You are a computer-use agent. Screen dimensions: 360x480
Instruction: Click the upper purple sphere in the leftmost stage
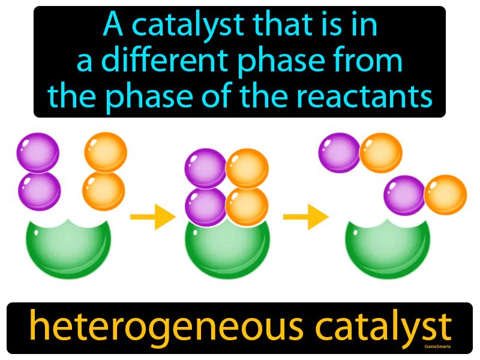click(x=38, y=152)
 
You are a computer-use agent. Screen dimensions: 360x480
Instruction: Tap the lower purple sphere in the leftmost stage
click(x=40, y=191)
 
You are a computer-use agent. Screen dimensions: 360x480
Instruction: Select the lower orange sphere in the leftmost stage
click(x=103, y=191)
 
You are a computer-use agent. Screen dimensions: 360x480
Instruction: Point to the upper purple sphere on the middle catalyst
click(x=206, y=169)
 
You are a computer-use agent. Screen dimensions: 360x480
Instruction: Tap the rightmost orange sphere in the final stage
click(x=445, y=194)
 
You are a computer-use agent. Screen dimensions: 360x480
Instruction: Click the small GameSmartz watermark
click(x=437, y=347)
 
